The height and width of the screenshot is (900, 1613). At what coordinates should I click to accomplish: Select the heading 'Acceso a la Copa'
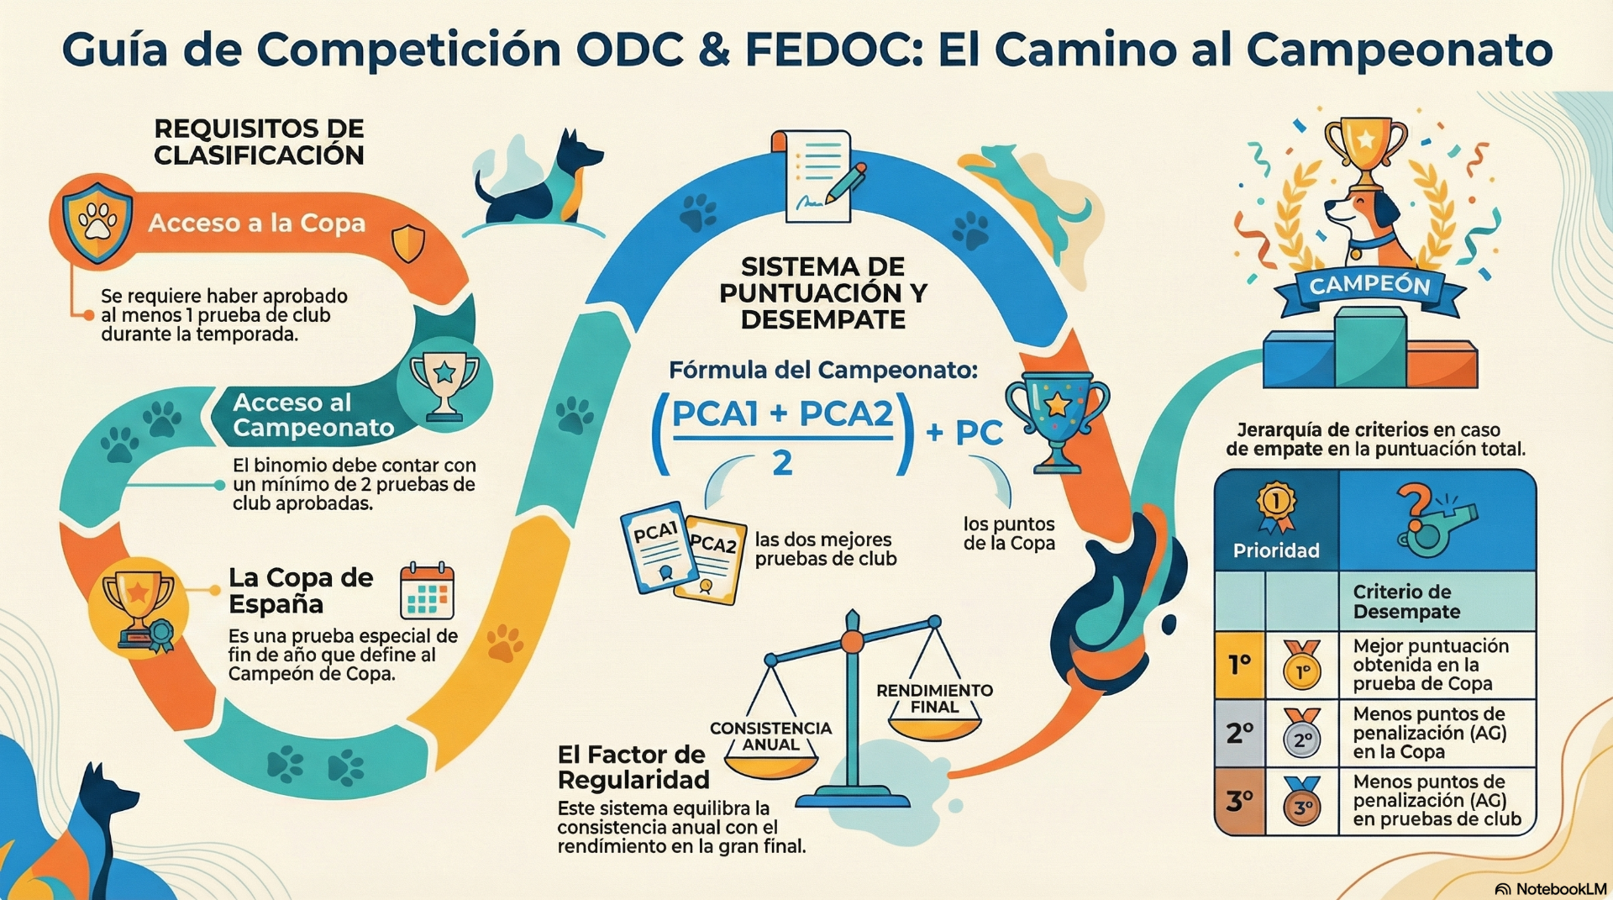point(257,223)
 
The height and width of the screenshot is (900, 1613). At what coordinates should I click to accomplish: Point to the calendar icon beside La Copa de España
point(427,591)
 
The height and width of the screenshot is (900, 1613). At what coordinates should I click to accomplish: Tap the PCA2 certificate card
point(710,559)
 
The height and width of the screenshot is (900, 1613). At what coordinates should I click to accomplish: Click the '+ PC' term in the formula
point(964,433)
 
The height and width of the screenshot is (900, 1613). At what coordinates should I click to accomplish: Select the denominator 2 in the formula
point(782,463)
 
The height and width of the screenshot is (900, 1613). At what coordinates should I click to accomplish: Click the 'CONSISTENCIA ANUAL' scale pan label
point(770,736)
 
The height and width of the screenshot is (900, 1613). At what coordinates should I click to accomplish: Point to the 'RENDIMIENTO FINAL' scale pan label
point(934,698)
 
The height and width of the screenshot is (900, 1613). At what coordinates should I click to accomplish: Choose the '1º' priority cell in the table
point(1239,666)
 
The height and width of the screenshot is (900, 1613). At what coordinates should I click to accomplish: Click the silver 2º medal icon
point(1301,733)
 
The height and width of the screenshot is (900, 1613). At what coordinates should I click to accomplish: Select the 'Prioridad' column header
point(1276,550)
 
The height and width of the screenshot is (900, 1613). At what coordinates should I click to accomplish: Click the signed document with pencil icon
point(822,176)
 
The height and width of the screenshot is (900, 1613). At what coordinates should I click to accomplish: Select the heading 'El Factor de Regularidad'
point(633,767)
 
